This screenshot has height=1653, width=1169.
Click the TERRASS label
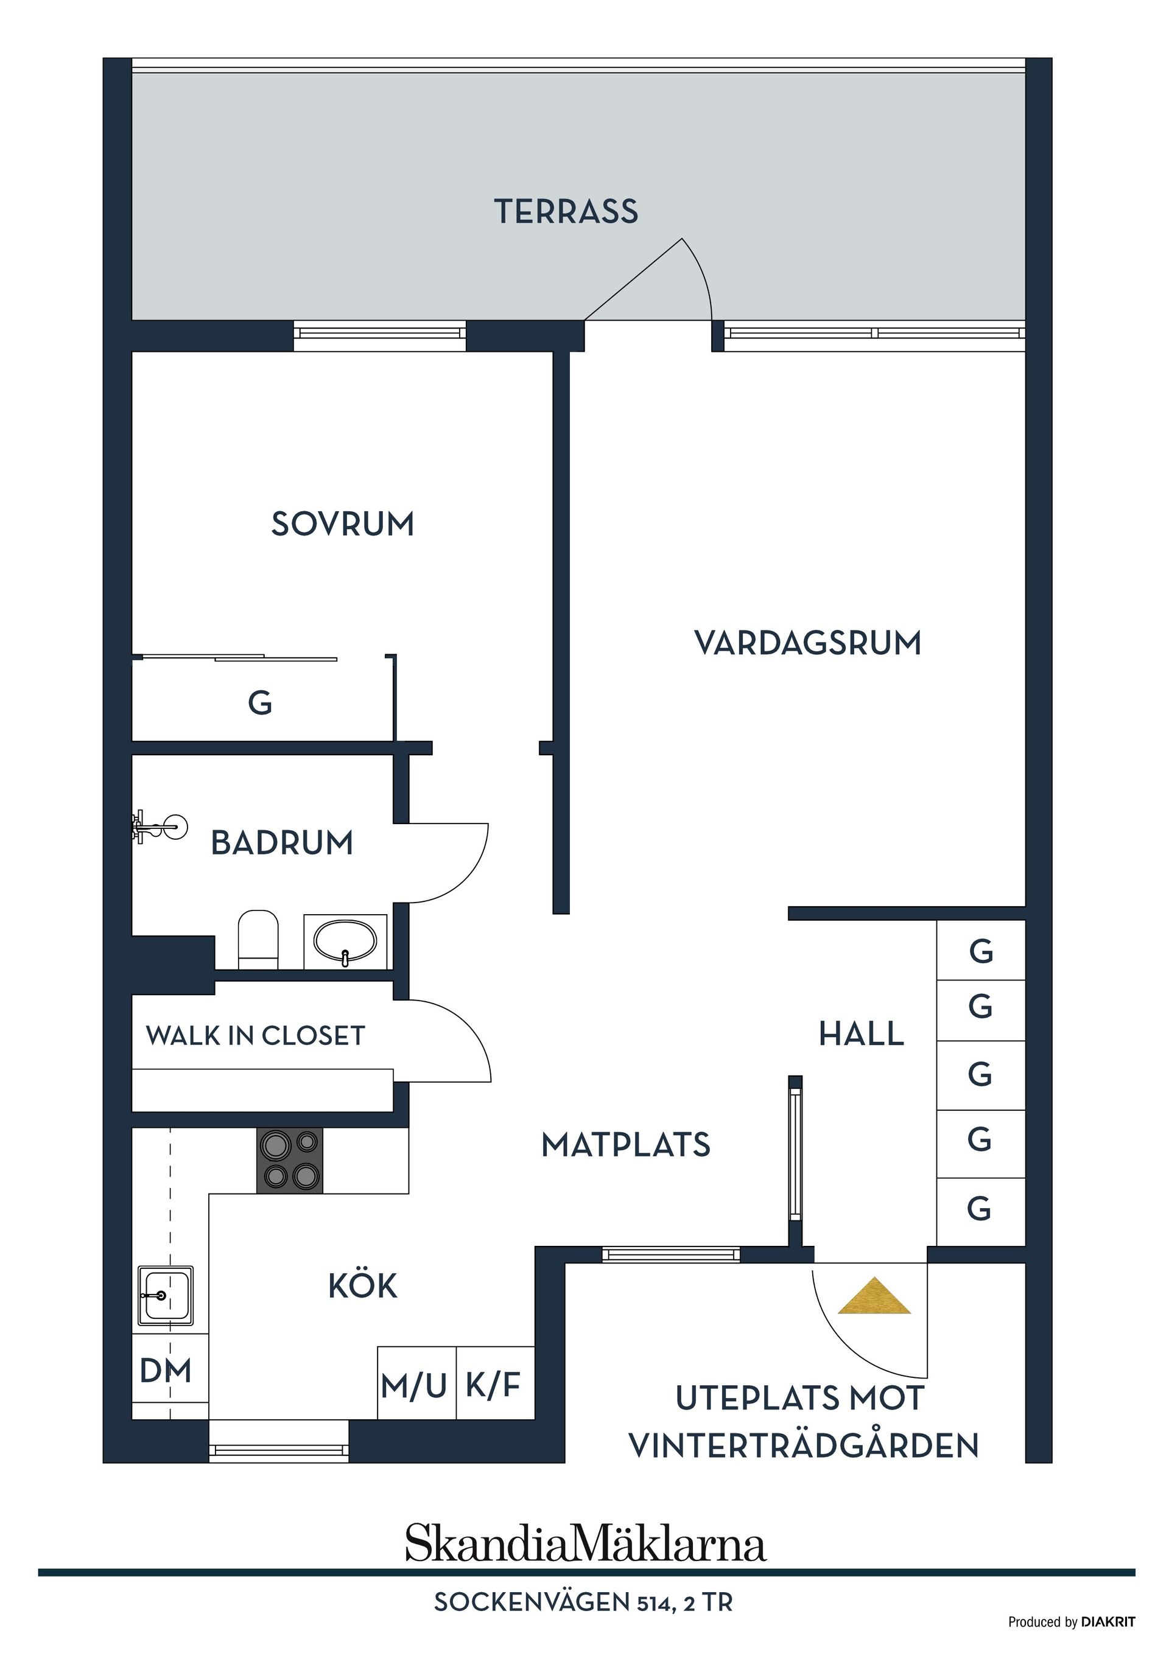[x=566, y=212]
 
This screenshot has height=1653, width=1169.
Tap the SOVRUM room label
[x=342, y=524]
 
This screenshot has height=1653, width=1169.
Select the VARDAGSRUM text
[x=807, y=643]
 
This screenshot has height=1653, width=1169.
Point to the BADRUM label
[x=282, y=843]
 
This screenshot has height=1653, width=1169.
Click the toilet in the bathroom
[x=258, y=939]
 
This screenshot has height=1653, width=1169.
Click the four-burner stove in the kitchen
[x=290, y=1160]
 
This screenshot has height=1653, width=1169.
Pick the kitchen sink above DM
[x=165, y=1296]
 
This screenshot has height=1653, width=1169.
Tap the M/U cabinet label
[x=414, y=1385]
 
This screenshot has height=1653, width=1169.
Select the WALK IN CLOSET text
[x=256, y=1036]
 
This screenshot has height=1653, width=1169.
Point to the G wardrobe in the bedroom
[x=260, y=703]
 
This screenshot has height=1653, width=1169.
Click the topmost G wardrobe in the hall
[x=980, y=952]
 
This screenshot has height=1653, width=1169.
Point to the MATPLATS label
[x=625, y=1145]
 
